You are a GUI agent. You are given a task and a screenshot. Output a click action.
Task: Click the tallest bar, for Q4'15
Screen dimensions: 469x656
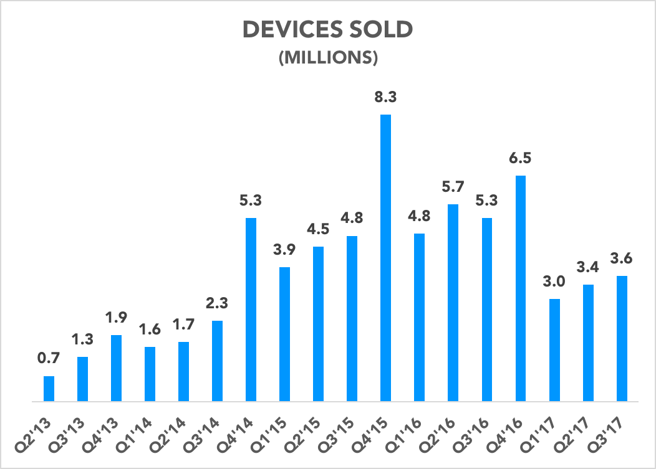385,258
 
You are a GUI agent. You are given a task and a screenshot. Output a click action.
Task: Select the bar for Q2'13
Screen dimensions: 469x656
49,389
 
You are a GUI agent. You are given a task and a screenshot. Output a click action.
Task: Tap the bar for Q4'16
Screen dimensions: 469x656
520,288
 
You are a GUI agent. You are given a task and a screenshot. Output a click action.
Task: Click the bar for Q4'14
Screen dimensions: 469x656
251,310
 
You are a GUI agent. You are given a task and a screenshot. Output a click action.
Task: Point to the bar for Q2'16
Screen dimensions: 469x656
453,303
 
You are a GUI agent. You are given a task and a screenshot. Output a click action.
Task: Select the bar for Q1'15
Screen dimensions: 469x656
284,334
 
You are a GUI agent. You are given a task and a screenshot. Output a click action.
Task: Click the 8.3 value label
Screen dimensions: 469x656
385,98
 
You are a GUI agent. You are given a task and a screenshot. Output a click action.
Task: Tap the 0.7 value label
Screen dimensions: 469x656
49,359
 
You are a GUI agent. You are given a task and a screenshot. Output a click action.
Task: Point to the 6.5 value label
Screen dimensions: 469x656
520,159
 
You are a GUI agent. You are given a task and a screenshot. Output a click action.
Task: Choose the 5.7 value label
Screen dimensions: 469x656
453,187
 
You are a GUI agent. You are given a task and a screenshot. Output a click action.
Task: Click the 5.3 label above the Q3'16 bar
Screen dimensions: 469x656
486,201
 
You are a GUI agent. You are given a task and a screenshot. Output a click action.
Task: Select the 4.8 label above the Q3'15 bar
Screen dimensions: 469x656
352,219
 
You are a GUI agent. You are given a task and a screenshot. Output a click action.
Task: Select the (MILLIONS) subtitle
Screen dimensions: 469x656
328,57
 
